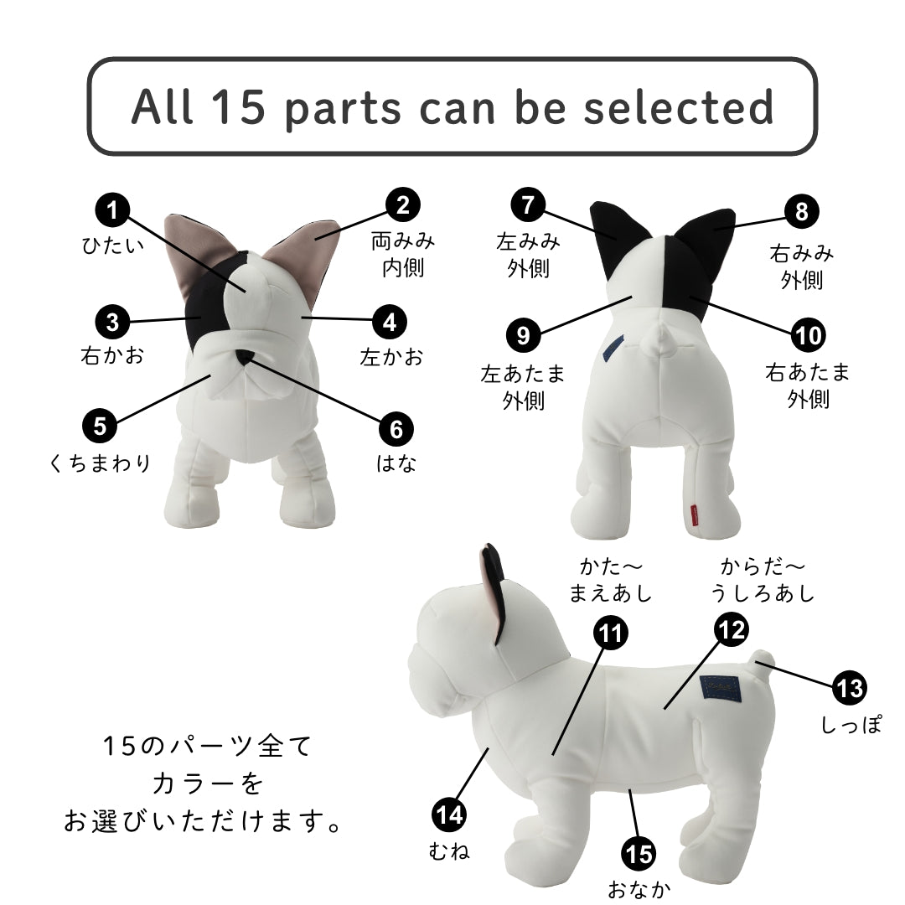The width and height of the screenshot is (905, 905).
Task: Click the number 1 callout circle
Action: (112, 210)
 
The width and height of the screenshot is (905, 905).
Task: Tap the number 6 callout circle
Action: (396, 429)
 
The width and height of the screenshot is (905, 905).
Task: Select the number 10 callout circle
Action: (808, 335)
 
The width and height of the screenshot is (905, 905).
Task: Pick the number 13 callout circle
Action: (850, 688)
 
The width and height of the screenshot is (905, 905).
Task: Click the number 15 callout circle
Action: (639, 854)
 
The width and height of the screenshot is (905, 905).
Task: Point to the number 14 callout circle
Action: (449, 815)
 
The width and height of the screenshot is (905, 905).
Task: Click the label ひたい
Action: (113, 246)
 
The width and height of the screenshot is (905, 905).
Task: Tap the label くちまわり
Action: (100, 463)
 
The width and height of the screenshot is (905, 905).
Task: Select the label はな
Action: (396, 463)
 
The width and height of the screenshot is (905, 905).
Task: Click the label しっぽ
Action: (851, 724)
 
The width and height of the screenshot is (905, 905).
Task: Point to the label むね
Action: (449, 851)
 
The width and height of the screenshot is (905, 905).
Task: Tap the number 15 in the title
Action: (238, 106)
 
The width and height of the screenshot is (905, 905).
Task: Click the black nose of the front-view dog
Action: (245, 356)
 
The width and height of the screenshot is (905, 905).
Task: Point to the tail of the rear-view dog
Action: (661, 339)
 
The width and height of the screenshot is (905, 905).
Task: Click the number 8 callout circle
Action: (801, 211)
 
